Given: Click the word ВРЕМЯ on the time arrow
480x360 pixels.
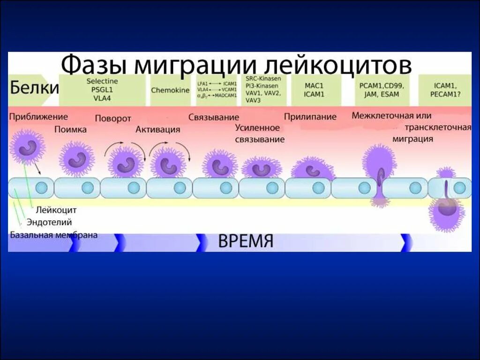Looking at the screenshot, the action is [x=245, y=242].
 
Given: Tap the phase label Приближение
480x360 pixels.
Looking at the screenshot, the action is [x=38, y=117].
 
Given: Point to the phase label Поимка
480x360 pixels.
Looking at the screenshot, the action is [x=70, y=130].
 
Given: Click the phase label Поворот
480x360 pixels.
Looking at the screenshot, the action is [x=113, y=119].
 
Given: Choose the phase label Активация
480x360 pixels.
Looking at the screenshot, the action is [x=158, y=130].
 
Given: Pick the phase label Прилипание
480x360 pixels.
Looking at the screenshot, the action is [x=310, y=117].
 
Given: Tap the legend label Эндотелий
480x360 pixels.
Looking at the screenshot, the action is [x=49, y=223].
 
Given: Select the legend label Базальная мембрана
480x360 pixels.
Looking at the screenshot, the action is [x=54, y=235].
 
